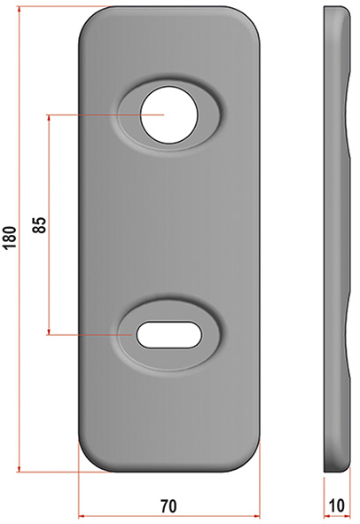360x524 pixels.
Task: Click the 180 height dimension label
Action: pyautogui.click(x=10, y=238)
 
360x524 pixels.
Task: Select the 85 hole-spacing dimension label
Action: pyautogui.click(x=39, y=225)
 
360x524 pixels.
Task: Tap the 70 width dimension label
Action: pyautogui.click(x=168, y=506)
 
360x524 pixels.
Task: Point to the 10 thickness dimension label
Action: pyautogui.click(x=337, y=505)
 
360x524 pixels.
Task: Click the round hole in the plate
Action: pyautogui.click(x=168, y=115)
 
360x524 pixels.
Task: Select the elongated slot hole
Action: pyautogui.click(x=168, y=334)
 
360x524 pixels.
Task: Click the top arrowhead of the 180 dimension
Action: pyautogui.click(x=19, y=11)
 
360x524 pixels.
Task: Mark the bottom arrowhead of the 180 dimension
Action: pyautogui.click(x=19, y=468)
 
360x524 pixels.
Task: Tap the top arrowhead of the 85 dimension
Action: pyautogui.click(x=49, y=119)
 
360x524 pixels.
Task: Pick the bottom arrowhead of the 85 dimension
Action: pyautogui.click(x=49, y=331)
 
